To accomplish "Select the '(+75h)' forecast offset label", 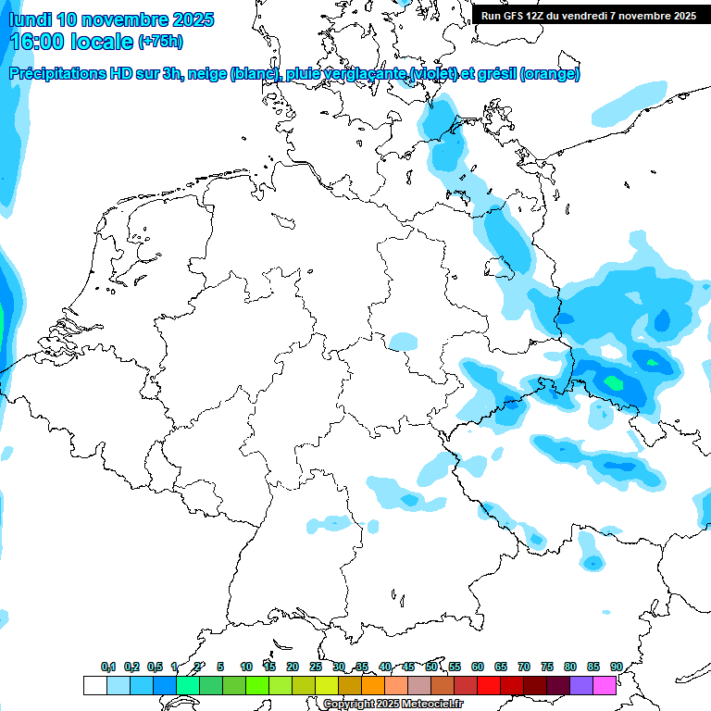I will click(160, 42).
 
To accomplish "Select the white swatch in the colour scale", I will click(94, 686).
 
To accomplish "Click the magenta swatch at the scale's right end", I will click(605, 686).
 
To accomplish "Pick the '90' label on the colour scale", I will click(616, 667).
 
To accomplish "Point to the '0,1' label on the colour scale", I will click(108, 667).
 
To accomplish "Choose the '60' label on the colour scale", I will click(478, 667).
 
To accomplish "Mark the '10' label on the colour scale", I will click(246, 667).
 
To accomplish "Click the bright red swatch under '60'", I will click(489, 686).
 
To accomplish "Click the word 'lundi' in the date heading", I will click(28, 19).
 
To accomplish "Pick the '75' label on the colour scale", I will click(547, 667).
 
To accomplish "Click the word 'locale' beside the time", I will click(101, 42).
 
